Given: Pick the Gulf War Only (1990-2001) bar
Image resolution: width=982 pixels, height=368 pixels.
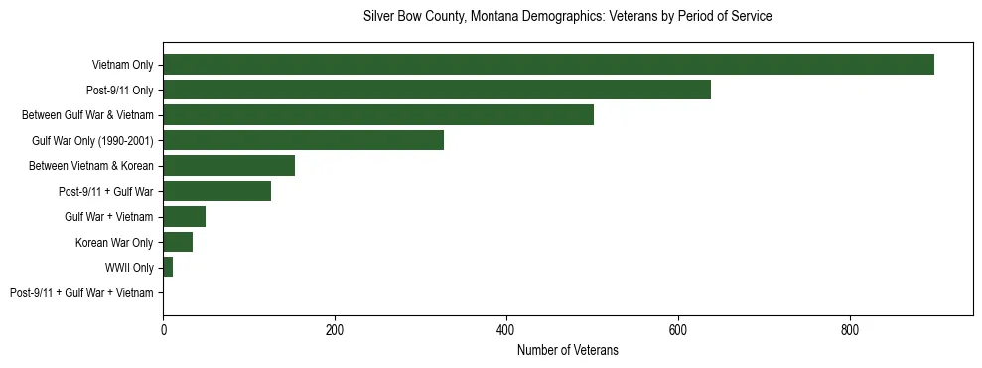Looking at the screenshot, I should [x=303, y=140].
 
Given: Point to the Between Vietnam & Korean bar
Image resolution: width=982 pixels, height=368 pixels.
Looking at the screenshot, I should [x=228, y=166].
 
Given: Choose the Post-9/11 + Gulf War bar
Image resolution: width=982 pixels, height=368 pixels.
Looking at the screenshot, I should [x=216, y=191].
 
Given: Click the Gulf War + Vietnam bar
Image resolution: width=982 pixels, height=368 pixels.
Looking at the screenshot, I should [x=184, y=217].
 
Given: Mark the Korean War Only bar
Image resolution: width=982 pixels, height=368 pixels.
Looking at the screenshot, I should [x=178, y=242].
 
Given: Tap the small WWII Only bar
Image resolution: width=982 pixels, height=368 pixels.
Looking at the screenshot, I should [x=168, y=268].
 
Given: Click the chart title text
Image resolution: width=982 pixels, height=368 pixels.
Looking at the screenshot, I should [x=567, y=17].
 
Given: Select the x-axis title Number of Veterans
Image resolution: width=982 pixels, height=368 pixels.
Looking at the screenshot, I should [x=567, y=350].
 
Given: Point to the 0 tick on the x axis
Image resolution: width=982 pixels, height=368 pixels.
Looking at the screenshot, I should [x=163, y=329].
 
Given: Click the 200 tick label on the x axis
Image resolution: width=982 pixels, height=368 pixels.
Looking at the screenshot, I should [x=335, y=329].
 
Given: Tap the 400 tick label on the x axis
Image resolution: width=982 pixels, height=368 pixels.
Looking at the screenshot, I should [x=506, y=329].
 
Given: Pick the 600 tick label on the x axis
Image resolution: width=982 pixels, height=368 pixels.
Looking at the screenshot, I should [x=678, y=329].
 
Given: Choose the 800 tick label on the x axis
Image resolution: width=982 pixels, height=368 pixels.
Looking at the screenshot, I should [x=850, y=329].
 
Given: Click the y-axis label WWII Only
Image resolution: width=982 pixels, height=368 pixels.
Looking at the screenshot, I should [x=129, y=268].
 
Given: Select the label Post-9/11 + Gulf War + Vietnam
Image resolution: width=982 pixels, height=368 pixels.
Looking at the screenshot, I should [x=81, y=293].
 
